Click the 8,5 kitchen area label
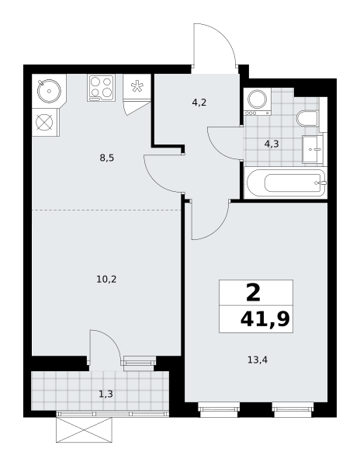pyautogui.click(x=107, y=158)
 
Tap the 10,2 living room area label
pyautogui.click(x=106, y=279)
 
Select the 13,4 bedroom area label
pyautogui.click(x=258, y=360)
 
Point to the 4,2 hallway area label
pyautogui.click(x=199, y=103)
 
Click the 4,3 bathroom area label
pyautogui.click(x=272, y=144)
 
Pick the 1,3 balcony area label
pyautogui.click(x=106, y=394)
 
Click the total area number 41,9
pyautogui.click(x=265, y=319)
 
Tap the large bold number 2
pyautogui.click(x=253, y=293)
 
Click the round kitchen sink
pyautogui.click(x=49, y=91)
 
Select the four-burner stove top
pyautogui.click(x=101, y=88)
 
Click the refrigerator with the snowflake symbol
pyautogui.click(x=137, y=86)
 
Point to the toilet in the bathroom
pyautogui.click(x=307, y=118)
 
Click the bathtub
pyautogui.click(x=286, y=183)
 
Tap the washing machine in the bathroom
pyautogui.click(x=257, y=101)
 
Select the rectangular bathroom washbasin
pyautogui.click(x=313, y=149)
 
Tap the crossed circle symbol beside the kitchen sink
pyautogui.click(x=44, y=122)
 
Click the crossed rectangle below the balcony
pyautogui.click(x=84, y=429)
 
